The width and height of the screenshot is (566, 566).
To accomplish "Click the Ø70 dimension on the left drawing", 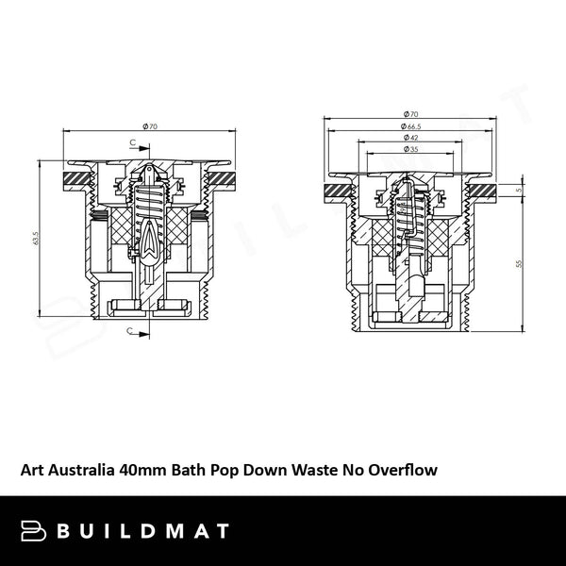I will click(x=149, y=126).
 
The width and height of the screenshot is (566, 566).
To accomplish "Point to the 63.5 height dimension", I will click(x=35, y=241).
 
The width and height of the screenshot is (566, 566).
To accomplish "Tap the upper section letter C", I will click(x=133, y=141).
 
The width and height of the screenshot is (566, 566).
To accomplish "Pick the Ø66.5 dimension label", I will click(x=409, y=126).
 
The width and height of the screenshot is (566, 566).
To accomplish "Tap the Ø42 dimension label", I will click(x=411, y=138).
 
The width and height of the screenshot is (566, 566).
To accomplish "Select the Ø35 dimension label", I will click(x=411, y=149).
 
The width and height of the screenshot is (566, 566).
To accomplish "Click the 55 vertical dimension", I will click(x=519, y=264).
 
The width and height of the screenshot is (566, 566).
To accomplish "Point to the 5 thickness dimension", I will click(x=519, y=190).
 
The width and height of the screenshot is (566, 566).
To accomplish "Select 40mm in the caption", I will click(x=143, y=468).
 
